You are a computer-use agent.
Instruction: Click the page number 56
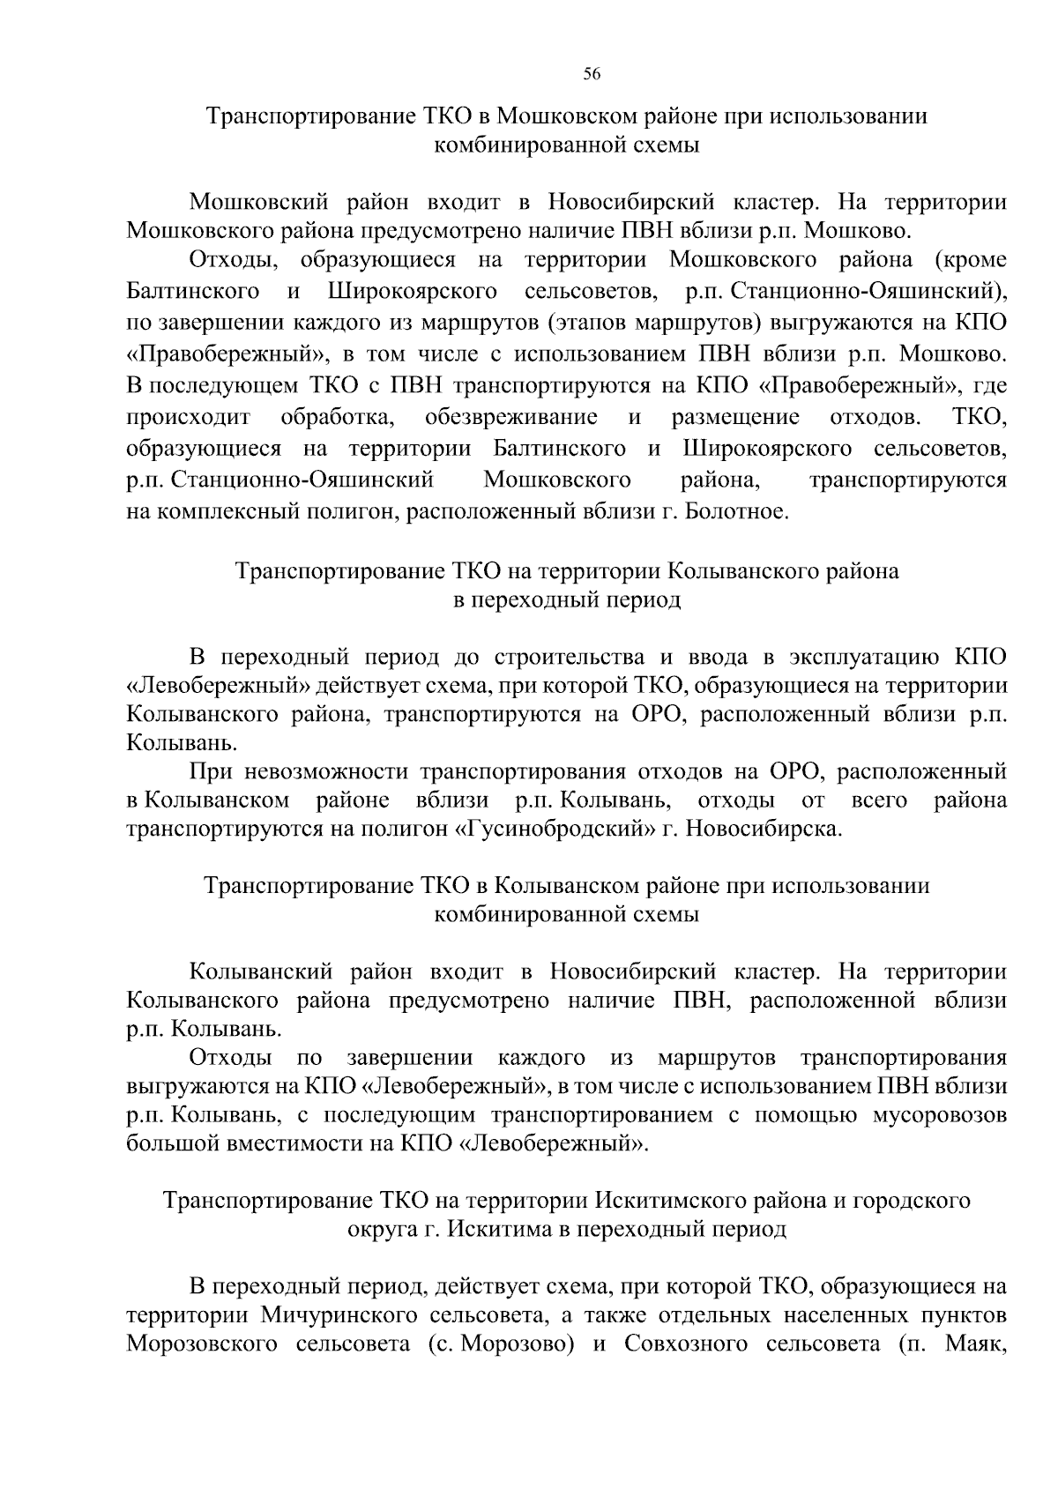pos(592,75)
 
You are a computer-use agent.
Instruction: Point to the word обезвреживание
pos(510,416)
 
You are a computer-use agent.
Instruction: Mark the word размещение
pos(735,416)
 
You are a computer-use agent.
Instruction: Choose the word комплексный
pos(250,511)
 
